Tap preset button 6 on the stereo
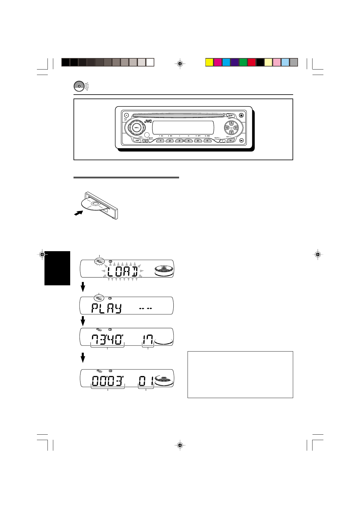(207, 141)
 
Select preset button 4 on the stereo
(188, 141)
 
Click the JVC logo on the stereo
(148, 121)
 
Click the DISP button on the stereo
(137, 141)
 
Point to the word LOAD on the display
(123, 272)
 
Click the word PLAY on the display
(106, 309)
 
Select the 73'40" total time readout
(108, 340)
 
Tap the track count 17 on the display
(148, 340)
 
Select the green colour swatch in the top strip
(243, 62)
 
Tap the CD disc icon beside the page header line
(79, 86)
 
